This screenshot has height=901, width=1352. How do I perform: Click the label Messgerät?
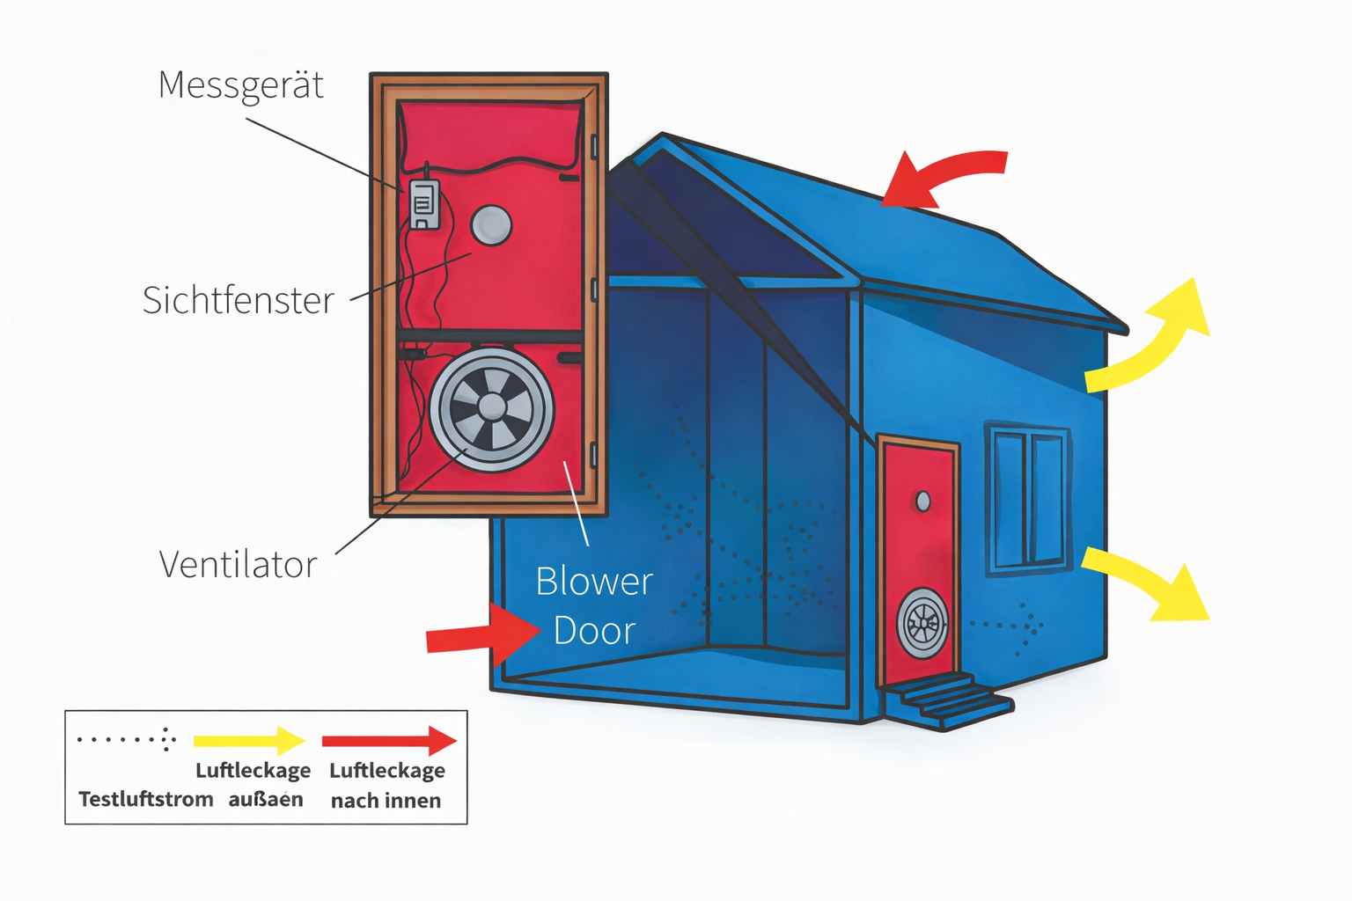pos(240,86)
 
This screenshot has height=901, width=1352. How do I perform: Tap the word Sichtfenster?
pos(239,301)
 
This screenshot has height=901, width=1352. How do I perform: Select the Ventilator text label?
pos(238,565)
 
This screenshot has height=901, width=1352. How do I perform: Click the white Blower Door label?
pos(594,606)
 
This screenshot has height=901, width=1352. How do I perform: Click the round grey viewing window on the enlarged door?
pos(491,226)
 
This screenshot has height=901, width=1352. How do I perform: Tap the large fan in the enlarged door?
pos(491,409)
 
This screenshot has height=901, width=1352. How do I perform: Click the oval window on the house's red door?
pos(922,502)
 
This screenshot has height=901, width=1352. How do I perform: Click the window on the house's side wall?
pos(1028,499)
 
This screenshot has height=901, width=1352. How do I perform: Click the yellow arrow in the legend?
pos(249,741)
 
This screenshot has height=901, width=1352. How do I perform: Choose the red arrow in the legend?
pos(389,741)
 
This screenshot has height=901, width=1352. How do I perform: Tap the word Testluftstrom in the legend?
pos(146,800)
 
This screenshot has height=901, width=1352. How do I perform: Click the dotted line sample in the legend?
pos(127,740)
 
